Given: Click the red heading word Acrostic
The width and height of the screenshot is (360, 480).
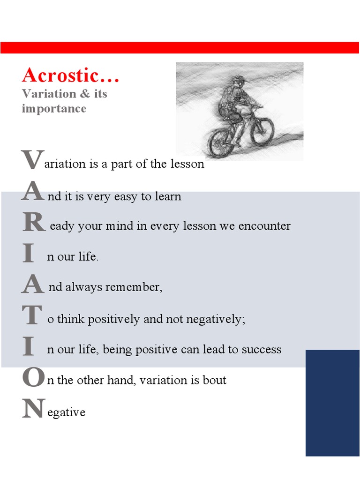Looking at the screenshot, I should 70,75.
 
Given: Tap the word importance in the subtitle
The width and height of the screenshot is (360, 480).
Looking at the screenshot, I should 54,109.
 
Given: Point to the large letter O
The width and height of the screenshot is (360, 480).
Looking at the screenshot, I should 32,378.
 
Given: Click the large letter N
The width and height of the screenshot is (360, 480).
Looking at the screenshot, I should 33,409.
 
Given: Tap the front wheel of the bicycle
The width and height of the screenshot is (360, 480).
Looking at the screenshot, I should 262,131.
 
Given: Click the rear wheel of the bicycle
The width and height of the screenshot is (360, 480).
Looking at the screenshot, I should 221,143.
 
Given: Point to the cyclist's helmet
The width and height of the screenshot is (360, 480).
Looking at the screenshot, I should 239,80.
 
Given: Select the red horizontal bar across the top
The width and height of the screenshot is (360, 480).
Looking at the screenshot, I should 180,47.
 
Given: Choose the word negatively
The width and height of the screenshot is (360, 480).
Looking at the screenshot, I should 215,320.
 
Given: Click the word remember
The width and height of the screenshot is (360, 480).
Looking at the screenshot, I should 134,287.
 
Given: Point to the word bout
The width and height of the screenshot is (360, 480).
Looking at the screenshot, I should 215,380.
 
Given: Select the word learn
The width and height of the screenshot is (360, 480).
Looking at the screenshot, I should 168,196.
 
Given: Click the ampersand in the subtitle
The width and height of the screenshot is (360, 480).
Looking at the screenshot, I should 84,94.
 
